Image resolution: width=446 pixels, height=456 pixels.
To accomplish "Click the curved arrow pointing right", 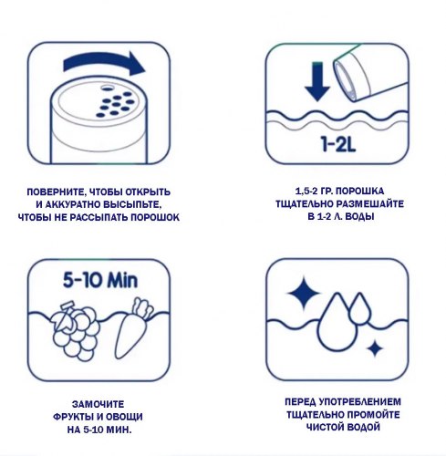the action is (x=103, y=62).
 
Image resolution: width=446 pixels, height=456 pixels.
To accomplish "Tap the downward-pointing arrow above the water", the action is (x=317, y=81).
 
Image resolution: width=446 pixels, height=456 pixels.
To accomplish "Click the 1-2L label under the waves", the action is (x=338, y=144).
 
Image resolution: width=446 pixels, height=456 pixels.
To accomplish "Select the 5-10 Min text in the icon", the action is (x=100, y=280).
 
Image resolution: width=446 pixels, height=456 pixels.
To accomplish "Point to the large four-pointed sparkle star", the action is (x=304, y=294).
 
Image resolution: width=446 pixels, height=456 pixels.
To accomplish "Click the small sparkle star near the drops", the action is (x=375, y=348).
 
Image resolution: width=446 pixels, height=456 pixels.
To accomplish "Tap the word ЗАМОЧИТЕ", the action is (x=98, y=404).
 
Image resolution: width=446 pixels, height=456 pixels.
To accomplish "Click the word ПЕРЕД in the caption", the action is (x=299, y=402).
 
